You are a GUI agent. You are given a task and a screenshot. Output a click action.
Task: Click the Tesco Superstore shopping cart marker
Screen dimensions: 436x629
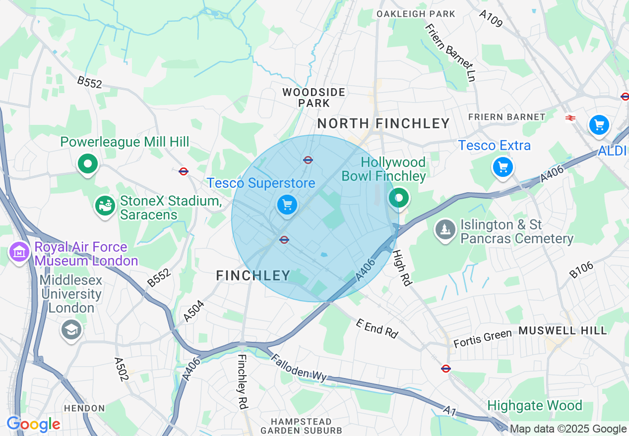(x=286, y=204)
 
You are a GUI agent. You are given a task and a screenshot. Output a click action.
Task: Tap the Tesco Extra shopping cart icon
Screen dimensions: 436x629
(x=503, y=166)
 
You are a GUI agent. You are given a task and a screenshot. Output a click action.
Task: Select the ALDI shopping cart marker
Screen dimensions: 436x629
(x=599, y=124)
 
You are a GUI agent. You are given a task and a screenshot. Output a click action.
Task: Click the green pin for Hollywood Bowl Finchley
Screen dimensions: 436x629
(x=398, y=198)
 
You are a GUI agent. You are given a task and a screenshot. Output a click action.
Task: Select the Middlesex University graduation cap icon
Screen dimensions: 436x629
(x=71, y=329)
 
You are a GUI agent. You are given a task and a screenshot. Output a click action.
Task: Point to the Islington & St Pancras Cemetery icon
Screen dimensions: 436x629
(x=445, y=229)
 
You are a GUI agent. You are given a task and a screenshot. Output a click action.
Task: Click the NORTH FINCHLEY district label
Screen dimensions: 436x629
(x=383, y=123)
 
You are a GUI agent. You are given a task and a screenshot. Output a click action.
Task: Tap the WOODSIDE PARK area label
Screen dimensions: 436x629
(x=314, y=98)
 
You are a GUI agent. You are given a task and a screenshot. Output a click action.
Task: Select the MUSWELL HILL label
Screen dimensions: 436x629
(x=563, y=330)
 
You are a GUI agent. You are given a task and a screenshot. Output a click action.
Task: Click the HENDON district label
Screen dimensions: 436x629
(x=84, y=408)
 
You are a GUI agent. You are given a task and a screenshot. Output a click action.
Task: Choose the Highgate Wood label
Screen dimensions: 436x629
(x=534, y=406)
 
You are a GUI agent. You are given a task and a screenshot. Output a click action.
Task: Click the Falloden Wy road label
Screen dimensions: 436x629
(x=299, y=367)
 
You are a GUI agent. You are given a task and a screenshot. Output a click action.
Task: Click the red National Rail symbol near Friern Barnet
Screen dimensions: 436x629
(x=570, y=117)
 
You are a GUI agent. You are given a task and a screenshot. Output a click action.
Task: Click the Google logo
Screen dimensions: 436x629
(x=33, y=424)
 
